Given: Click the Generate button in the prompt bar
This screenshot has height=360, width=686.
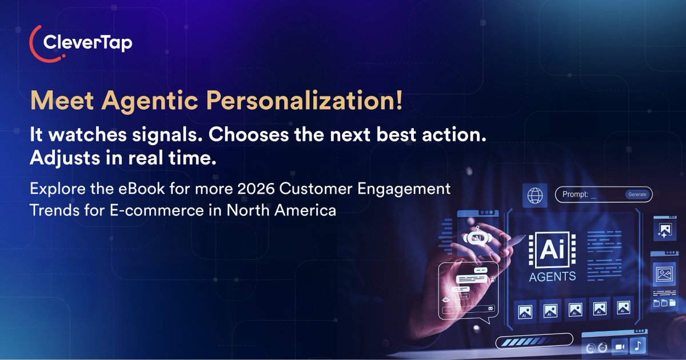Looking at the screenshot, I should pyautogui.click(x=637, y=194).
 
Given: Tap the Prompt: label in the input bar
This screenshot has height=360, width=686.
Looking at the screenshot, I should pyautogui.click(x=576, y=194).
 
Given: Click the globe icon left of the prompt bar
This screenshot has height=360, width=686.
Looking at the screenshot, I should pyautogui.click(x=536, y=195).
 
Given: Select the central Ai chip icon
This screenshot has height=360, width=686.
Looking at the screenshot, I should pyautogui.click(x=552, y=249).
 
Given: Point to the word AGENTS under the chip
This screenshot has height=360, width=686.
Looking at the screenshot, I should pyautogui.click(x=552, y=277).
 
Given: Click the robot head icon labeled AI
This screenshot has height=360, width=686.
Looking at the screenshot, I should pyautogui.click(x=477, y=238).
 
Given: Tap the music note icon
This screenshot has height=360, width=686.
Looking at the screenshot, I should pyautogui.click(x=637, y=345).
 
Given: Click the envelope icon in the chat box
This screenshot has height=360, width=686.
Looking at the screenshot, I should pyautogui.click(x=490, y=309).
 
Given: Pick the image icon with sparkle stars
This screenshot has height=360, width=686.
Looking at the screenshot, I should pyautogui.click(x=664, y=230).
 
